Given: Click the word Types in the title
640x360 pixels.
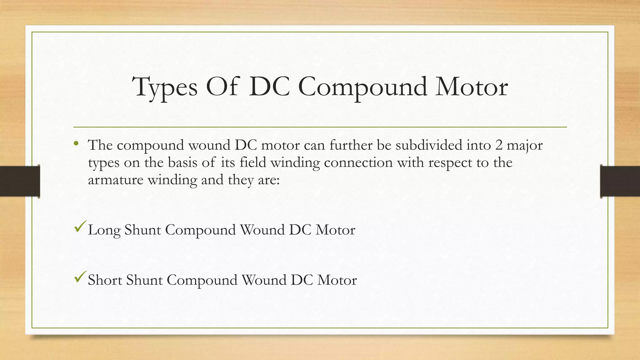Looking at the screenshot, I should point(165,87).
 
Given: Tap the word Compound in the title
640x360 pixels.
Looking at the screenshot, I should point(362,87).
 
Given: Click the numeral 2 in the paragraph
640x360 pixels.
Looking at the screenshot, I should point(499,145).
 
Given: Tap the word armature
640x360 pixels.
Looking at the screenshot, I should point(115,180).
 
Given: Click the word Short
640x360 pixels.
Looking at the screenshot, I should point(105,280).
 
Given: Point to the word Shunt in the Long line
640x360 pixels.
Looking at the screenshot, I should point(142,230).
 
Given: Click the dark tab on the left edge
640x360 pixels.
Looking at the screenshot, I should point(20,181).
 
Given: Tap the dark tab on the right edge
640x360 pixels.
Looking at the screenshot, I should point(620,181).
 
